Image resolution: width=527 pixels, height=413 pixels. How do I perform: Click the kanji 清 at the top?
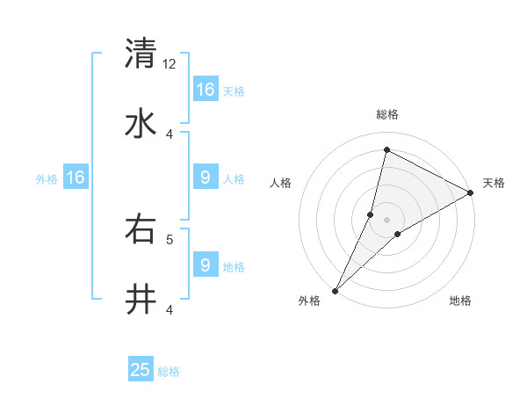tap(141, 54)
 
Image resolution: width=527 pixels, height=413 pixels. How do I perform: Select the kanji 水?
tap(141, 124)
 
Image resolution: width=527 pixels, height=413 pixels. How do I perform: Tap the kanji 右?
tap(141, 229)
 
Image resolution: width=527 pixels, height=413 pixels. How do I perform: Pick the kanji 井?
tap(141, 300)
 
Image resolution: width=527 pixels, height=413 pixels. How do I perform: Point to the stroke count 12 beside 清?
tap(170, 64)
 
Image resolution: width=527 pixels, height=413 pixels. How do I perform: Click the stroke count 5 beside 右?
tap(170, 238)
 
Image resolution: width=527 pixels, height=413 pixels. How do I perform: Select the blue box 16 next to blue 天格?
tap(206, 90)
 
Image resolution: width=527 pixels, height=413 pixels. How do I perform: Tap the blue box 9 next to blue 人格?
tap(206, 178)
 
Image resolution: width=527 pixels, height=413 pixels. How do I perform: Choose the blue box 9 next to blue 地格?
tap(206, 264)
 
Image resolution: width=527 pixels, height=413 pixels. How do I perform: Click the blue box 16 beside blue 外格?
tap(76, 178)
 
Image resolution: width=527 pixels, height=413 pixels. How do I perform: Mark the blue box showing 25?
tap(141, 370)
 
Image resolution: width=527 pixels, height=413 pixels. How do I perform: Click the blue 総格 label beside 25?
tap(169, 372)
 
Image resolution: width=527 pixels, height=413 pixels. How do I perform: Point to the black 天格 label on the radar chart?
tap(494, 183)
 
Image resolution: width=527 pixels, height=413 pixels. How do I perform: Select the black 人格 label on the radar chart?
tap(281, 183)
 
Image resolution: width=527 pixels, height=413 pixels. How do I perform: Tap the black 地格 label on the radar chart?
tap(460, 301)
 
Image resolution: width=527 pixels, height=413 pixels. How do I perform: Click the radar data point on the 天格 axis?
tap(471, 192)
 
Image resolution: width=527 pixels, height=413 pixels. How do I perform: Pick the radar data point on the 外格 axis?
tap(336, 290)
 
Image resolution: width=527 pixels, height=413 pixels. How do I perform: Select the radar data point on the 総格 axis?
tap(386, 150)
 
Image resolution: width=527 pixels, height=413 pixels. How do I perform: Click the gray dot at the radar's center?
tap(387, 220)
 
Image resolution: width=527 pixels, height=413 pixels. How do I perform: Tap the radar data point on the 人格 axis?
tap(371, 214)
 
